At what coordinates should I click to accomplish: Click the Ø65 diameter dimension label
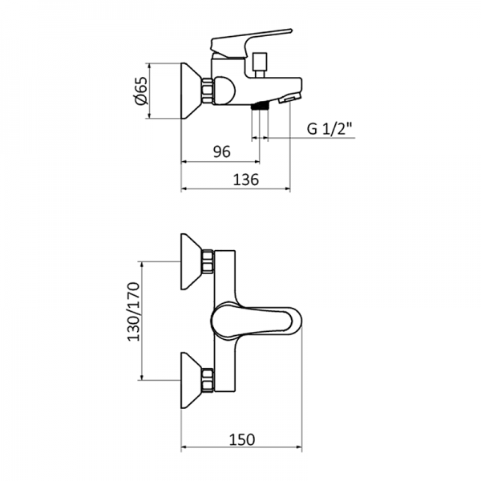(x=139, y=91)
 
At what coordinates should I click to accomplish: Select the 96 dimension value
(x=221, y=150)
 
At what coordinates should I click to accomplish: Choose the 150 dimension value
(x=242, y=439)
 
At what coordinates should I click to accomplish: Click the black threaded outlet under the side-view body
(x=258, y=106)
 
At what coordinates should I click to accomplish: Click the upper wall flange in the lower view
(x=192, y=262)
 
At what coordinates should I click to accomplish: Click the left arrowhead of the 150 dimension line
(x=186, y=449)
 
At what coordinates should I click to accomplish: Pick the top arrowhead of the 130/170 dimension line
(x=143, y=265)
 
